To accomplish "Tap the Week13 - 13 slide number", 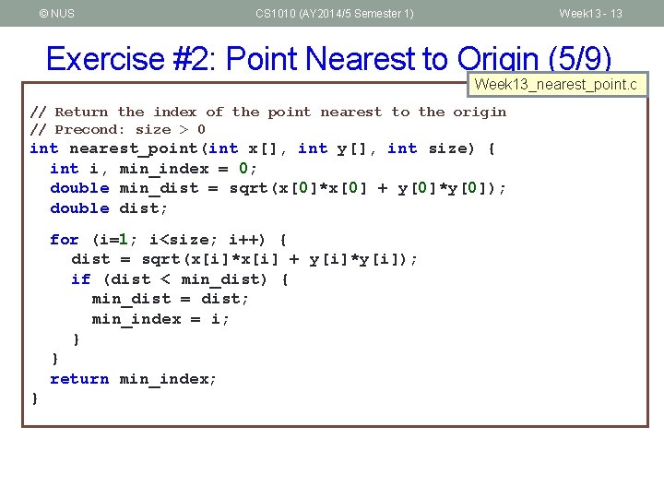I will click(x=590, y=13).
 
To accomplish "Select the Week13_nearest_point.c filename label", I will click(x=555, y=85).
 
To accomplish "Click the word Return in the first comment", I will click(x=81, y=112).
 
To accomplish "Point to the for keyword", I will click(x=65, y=240).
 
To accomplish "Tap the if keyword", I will click(x=81, y=279).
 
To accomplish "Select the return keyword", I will click(x=79, y=379).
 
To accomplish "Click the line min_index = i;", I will click(x=160, y=319).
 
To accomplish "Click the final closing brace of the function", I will click(x=35, y=398).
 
